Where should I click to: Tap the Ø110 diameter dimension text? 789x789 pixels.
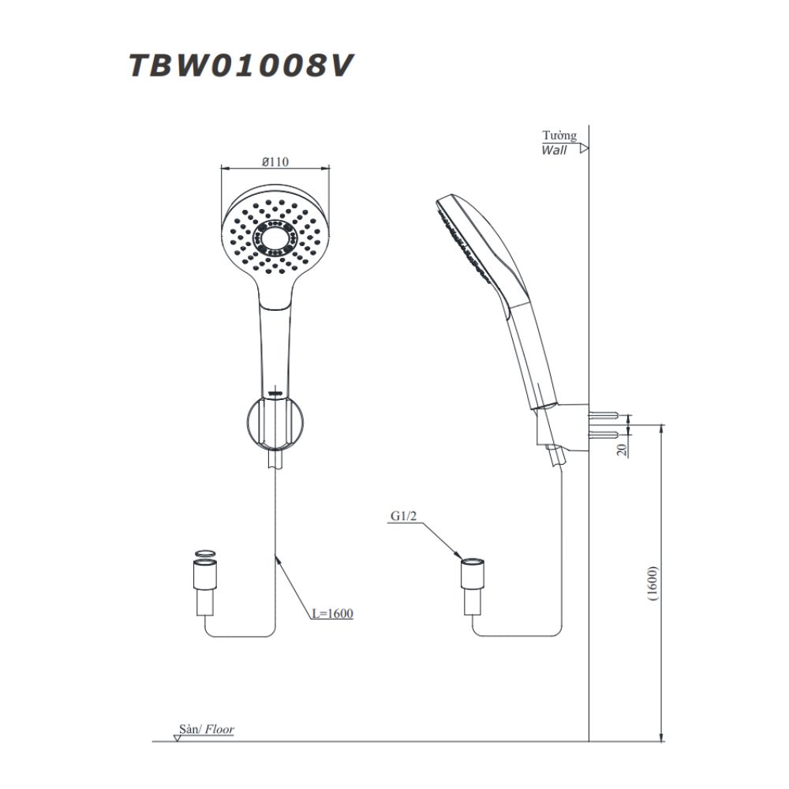click(275, 161)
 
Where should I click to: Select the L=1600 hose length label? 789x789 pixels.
click(331, 613)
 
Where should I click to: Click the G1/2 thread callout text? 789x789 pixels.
click(403, 517)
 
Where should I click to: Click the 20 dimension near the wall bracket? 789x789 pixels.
click(623, 450)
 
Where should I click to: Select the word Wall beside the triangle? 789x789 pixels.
click(554, 150)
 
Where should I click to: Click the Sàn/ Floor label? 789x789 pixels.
click(207, 731)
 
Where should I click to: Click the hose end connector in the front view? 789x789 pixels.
click(204, 588)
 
